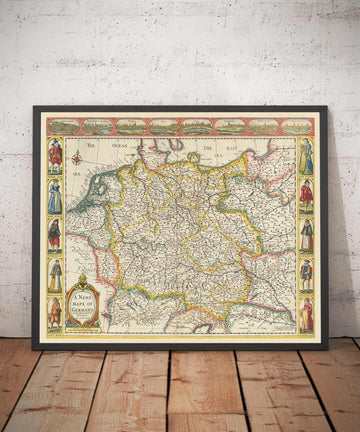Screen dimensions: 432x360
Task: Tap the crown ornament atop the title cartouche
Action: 82,279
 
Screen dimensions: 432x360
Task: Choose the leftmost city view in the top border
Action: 65,127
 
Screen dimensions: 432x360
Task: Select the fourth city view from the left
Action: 164,127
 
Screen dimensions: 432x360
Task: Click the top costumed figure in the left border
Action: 56,155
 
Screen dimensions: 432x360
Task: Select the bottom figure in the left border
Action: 56,313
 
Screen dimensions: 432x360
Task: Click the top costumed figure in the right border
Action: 306,155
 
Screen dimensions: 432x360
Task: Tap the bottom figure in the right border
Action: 306,313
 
